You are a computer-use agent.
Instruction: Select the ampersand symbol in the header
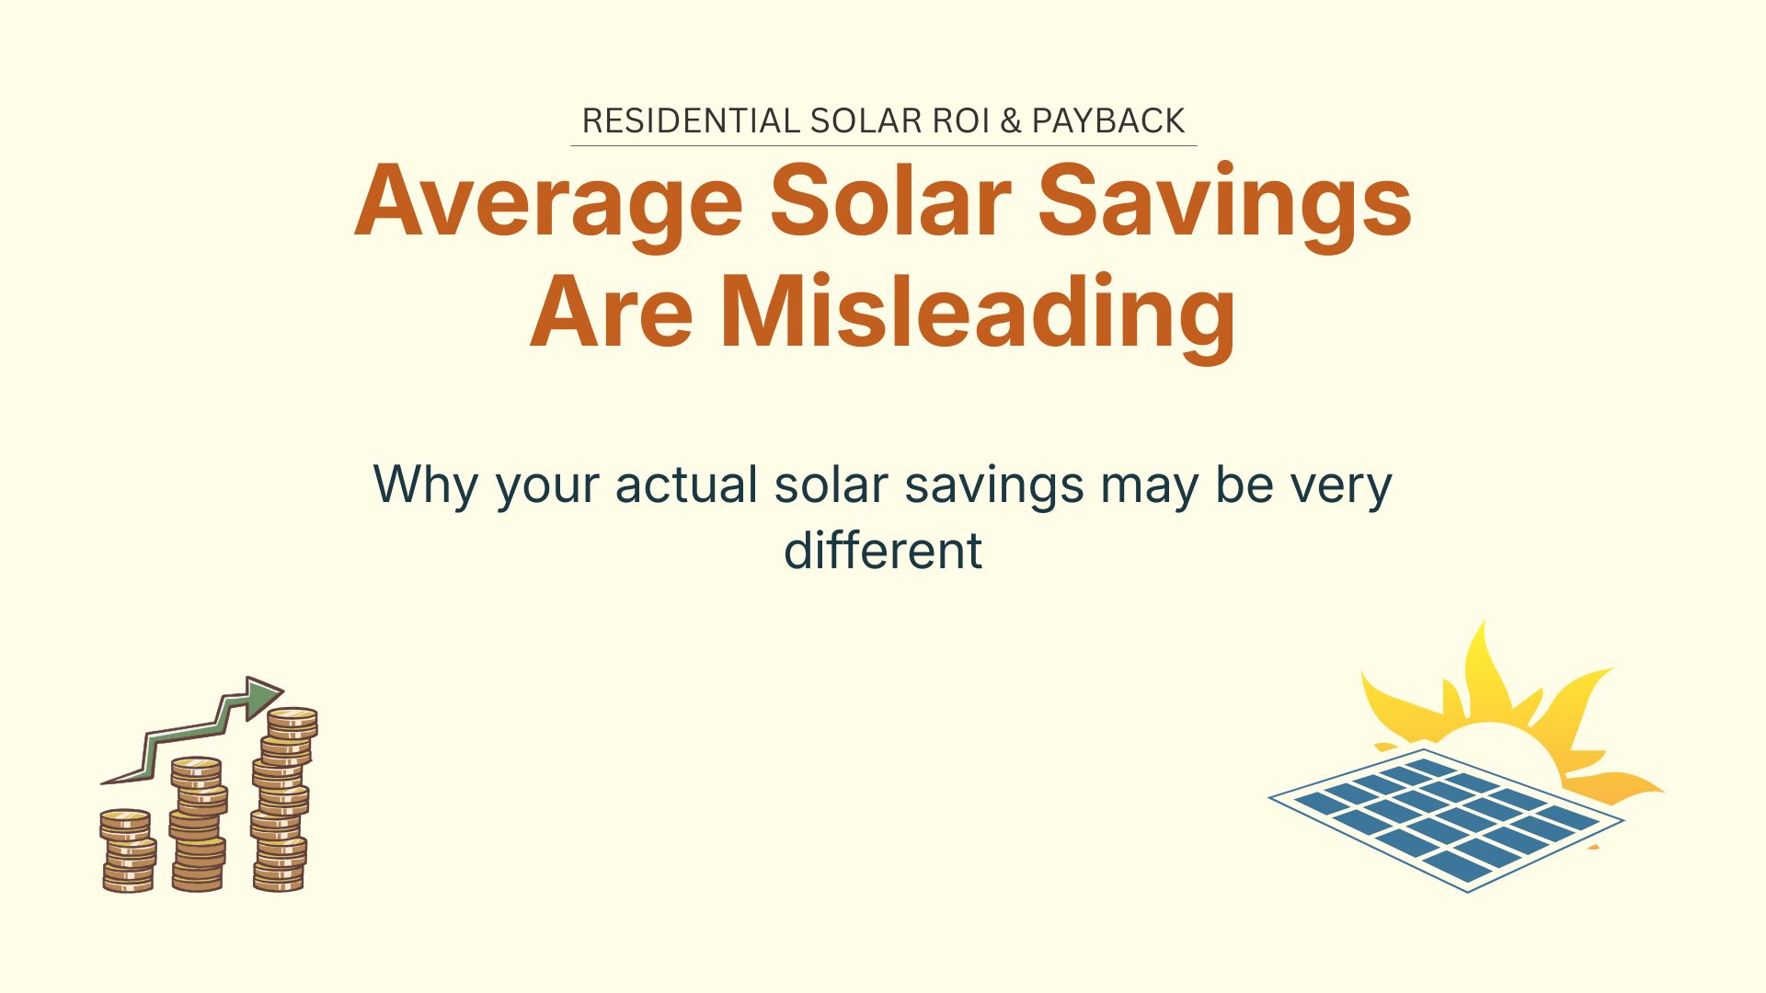(1011, 120)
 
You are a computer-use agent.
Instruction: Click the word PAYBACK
(1108, 120)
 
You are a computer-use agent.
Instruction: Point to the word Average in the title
(548, 202)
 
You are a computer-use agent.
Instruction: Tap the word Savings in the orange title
(1224, 202)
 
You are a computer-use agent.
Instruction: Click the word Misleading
(978, 314)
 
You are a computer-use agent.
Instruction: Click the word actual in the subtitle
(686, 485)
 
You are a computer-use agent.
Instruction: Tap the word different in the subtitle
(883, 550)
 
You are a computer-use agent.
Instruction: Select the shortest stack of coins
(127, 850)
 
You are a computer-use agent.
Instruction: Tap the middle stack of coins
(198, 824)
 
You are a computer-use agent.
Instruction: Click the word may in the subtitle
(1149, 485)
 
